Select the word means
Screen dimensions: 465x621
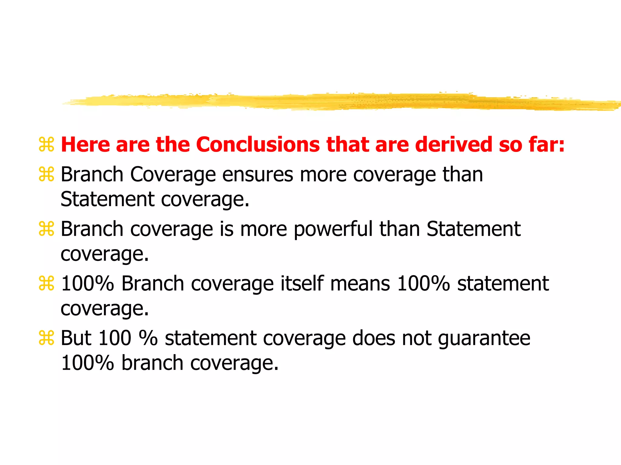(360, 284)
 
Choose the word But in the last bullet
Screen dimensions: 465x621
(76, 338)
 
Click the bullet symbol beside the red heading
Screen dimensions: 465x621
(46, 144)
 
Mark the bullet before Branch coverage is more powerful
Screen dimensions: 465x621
(46, 229)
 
